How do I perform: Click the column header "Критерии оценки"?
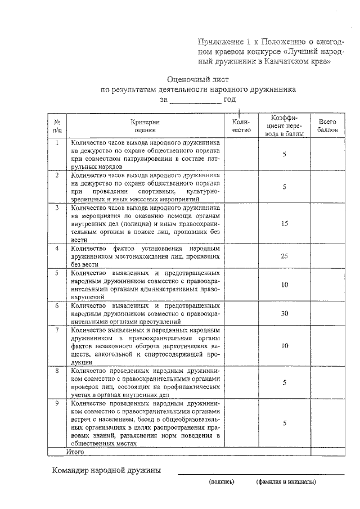click(x=146, y=125)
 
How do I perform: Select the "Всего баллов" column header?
click(x=327, y=125)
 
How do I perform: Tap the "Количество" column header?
click(x=240, y=125)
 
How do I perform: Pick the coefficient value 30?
click(x=285, y=313)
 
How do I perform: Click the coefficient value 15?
click(x=285, y=223)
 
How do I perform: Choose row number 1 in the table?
click(x=57, y=143)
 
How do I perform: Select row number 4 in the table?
click(x=57, y=247)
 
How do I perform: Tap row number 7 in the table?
click(x=57, y=330)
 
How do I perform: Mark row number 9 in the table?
click(x=57, y=403)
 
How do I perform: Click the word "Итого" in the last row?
click(x=75, y=451)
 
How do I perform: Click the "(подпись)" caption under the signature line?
click(x=220, y=482)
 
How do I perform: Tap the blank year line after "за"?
click(x=195, y=100)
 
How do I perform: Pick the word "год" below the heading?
click(x=229, y=100)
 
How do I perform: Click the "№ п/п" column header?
click(x=57, y=125)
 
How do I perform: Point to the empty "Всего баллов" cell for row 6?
click(x=327, y=313)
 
